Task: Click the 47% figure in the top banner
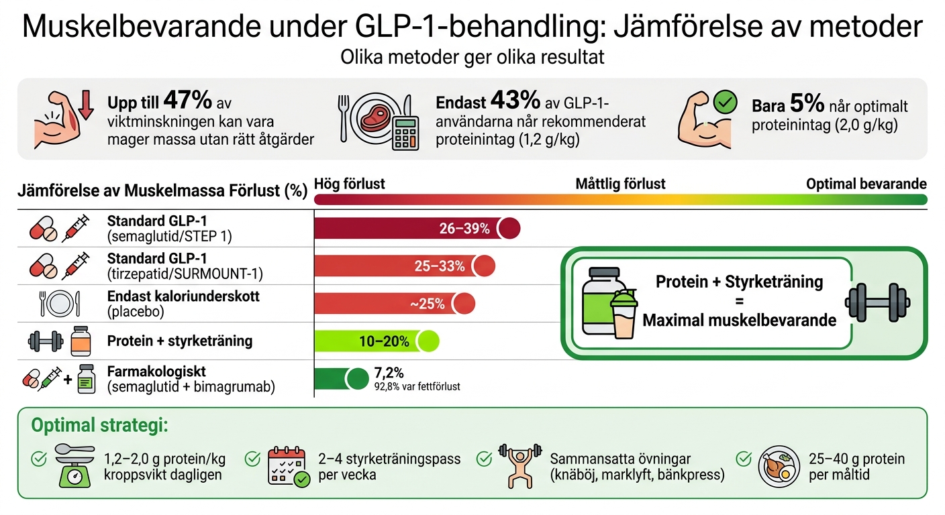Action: point(188,101)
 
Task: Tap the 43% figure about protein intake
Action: point(515,101)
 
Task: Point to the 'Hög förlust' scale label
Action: point(350,184)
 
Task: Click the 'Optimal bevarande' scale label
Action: point(866,184)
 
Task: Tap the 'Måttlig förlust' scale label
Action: point(620,184)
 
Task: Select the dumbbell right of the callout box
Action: point(871,301)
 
